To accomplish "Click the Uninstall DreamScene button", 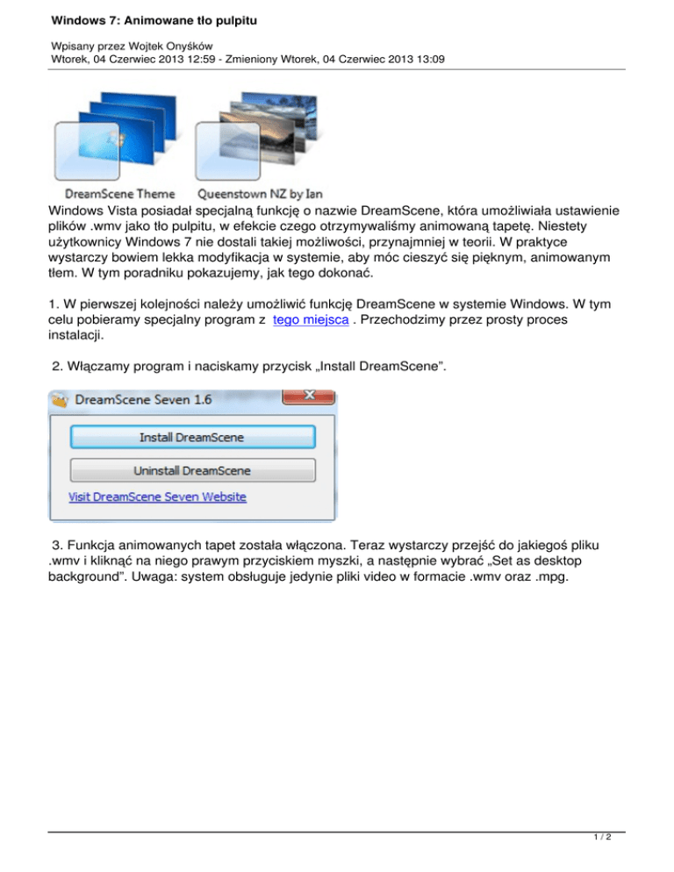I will (191, 470).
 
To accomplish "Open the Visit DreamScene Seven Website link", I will (158, 497).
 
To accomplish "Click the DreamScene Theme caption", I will (119, 193).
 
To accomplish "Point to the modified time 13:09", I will (427, 59).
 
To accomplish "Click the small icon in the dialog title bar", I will (60, 400).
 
